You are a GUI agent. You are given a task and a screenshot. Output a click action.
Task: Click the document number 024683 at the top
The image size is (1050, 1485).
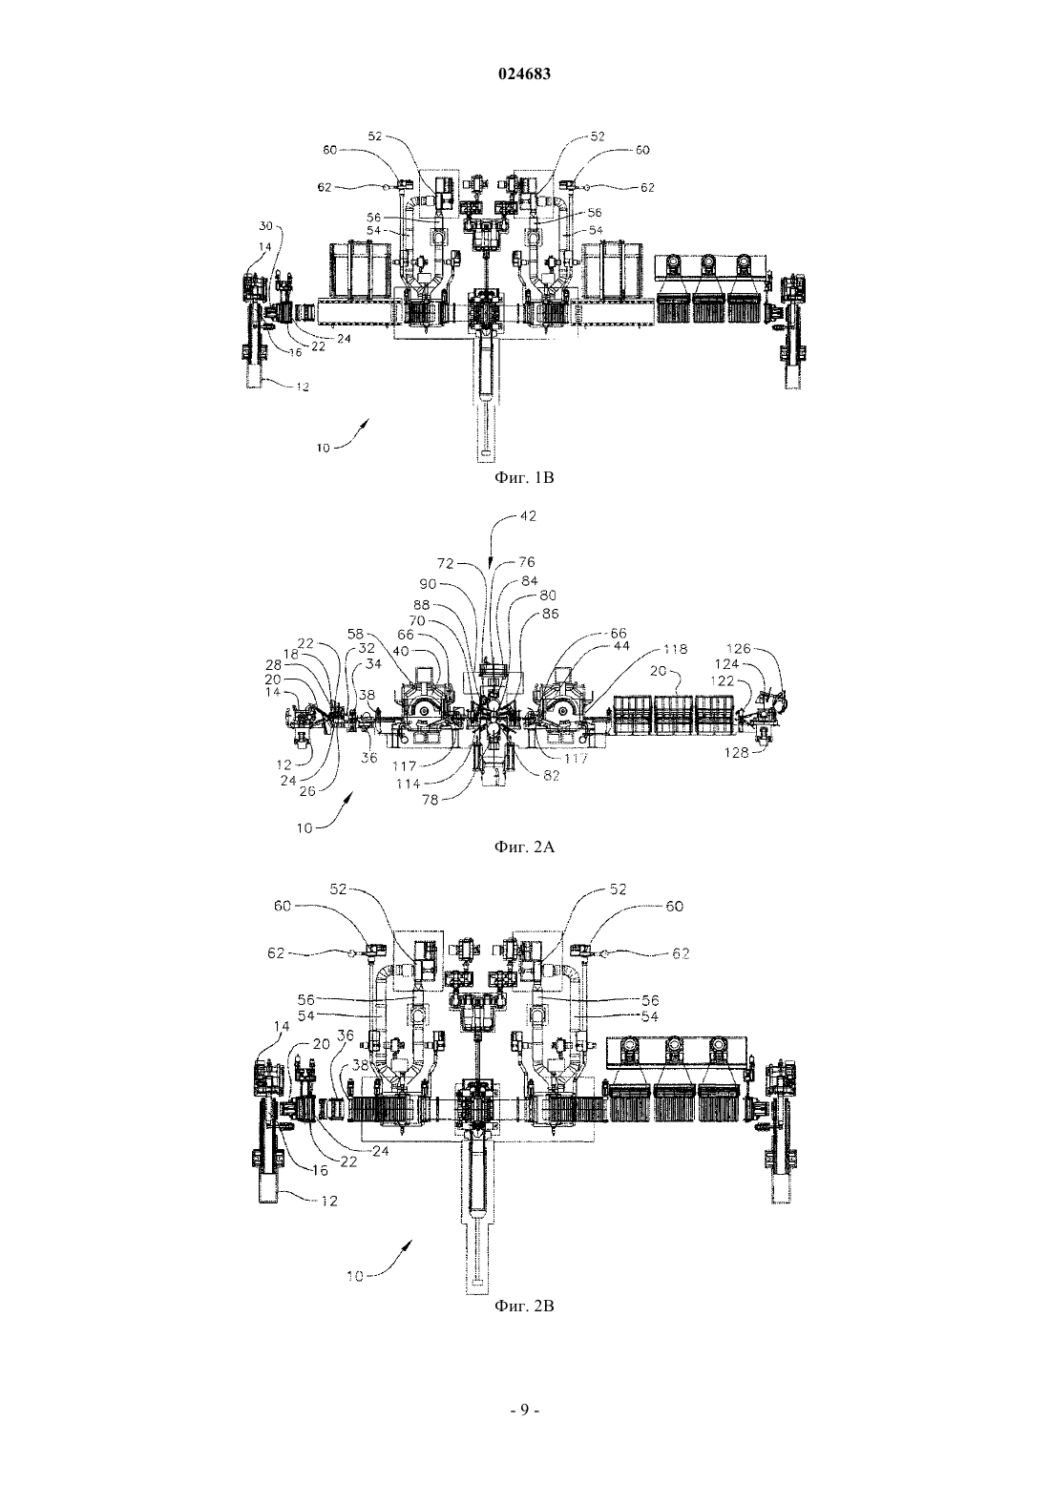(x=524, y=74)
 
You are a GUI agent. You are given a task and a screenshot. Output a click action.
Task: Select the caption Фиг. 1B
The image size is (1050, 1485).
(x=524, y=477)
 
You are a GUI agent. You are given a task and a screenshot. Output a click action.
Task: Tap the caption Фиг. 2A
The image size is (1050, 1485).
(x=524, y=847)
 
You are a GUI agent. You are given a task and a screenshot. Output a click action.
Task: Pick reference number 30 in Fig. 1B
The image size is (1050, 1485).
(x=265, y=226)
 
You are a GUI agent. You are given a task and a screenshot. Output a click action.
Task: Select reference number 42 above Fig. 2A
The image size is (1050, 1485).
(x=528, y=515)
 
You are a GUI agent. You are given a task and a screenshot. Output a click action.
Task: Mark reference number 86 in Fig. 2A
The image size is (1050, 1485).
(x=550, y=614)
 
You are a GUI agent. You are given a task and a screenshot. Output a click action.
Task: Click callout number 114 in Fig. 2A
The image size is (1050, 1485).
(x=409, y=784)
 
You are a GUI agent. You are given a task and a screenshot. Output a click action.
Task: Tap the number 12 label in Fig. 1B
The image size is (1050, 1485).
(x=303, y=387)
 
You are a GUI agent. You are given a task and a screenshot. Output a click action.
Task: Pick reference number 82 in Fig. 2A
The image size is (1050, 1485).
(x=551, y=776)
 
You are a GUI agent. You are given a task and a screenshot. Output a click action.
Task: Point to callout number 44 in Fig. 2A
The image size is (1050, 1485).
(x=621, y=646)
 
